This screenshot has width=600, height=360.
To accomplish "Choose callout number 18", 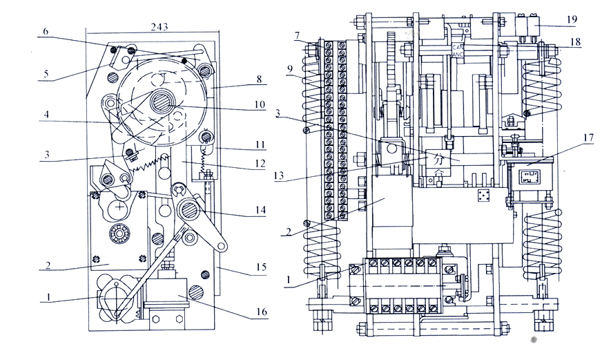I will pyautogui.click(x=576, y=42).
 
